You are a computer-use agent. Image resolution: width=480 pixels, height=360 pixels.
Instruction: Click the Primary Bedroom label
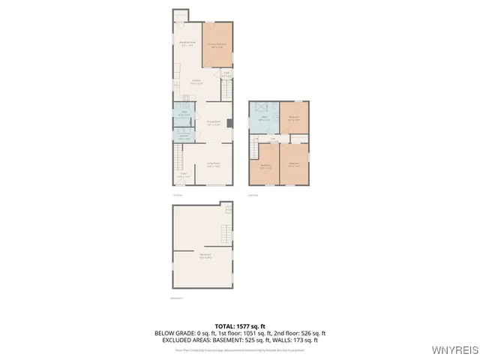click(x=217, y=45)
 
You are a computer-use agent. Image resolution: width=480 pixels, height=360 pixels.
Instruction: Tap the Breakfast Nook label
click(x=187, y=44)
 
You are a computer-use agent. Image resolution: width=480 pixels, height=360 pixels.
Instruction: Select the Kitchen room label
click(x=196, y=82)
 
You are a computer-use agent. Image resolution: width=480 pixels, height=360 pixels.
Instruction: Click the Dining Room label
click(x=213, y=122)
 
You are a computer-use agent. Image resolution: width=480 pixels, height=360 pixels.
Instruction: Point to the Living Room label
click(x=213, y=164)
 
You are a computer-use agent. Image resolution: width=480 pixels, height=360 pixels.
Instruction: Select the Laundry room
click(x=184, y=136)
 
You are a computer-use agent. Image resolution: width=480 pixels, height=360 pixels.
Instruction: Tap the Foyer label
click(x=181, y=175)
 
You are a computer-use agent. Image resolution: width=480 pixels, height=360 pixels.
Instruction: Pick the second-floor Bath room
click(x=264, y=118)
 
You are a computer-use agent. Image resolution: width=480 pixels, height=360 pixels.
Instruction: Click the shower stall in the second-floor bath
click(x=257, y=107)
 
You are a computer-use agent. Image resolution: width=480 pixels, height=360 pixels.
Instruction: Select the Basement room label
click(x=204, y=256)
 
